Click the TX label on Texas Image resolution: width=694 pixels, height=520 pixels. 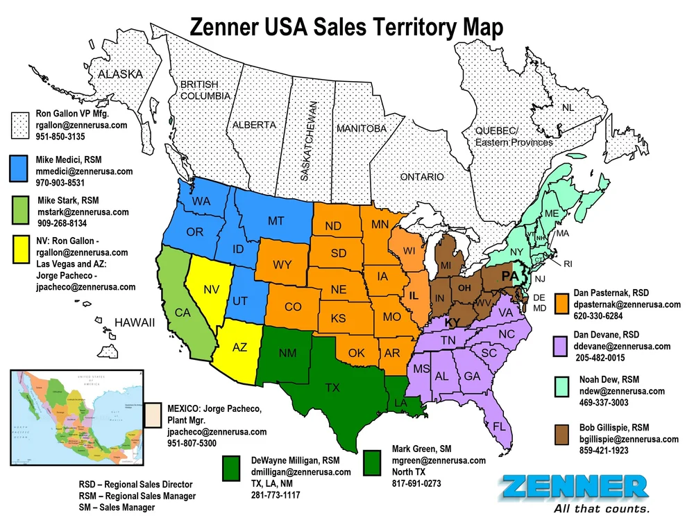332,388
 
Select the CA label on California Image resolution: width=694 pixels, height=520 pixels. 183,313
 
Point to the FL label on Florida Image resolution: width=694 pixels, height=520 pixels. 499,426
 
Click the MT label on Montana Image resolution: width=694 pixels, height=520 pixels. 276,221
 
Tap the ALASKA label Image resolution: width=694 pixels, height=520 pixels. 120,74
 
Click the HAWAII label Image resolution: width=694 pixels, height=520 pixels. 135,323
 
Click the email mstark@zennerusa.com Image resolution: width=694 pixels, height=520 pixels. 83,212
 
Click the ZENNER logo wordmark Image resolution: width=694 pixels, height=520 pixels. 577,487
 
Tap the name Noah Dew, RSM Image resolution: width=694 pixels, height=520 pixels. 609,379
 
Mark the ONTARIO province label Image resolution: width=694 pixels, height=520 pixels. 422,177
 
